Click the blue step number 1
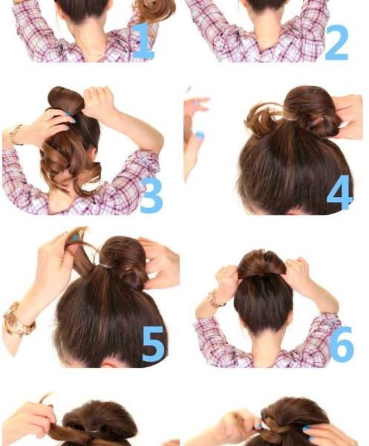pyautogui.click(x=143, y=42)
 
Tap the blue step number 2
pyautogui.click(x=337, y=42)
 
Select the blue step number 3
pyautogui.click(x=151, y=195)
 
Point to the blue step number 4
pyautogui.click(x=340, y=193)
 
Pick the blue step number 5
pyautogui.click(x=154, y=344)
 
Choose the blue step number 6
pyautogui.click(x=342, y=344)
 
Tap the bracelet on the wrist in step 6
pyautogui.click(x=216, y=299)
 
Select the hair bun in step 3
pyautogui.click(x=65, y=100)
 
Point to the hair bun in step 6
pyautogui.click(x=261, y=263)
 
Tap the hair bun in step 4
pyautogui.click(x=313, y=112)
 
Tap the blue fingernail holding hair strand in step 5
pyautogui.click(x=75, y=238)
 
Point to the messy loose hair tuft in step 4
pyautogui.click(x=263, y=120)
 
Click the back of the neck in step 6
pyautogui.click(x=263, y=346)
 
